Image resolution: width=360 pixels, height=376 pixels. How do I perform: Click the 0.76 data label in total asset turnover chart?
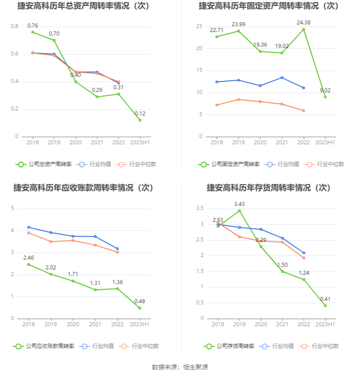[x=32, y=25]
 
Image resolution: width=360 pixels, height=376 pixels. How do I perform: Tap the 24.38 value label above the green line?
[x=304, y=22]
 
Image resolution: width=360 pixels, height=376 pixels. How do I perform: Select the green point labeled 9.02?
[x=325, y=97]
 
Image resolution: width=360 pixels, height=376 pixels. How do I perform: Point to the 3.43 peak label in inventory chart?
[x=240, y=204]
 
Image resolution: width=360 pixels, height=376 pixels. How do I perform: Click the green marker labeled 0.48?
[x=140, y=308]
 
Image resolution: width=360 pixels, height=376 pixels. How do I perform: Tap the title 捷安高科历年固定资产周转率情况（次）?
[x=269, y=6]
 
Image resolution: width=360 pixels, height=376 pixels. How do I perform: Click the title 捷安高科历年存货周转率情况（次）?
[x=269, y=188]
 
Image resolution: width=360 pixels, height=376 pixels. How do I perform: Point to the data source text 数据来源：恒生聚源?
[x=180, y=367]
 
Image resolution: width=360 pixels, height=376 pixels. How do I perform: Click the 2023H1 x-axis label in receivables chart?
[x=140, y=325]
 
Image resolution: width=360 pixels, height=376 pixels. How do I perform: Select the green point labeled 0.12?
[x=140, y=120]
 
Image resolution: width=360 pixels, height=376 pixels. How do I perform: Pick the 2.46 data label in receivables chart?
[x=28, y=257]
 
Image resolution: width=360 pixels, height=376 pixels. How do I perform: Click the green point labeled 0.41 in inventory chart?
[x=325, y=306]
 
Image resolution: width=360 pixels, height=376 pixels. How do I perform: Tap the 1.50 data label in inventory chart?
[x=282, y=265]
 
